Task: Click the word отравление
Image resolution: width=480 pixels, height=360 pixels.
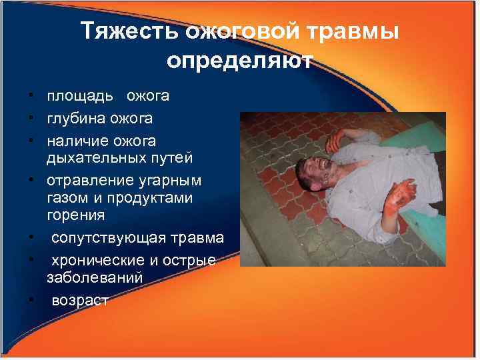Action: (x=87, y=181)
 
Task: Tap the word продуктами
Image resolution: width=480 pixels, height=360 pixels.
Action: (x=145, y=199)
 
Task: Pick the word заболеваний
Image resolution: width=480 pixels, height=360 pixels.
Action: (x=95, y=278)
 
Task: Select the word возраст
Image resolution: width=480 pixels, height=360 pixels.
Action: (x=79, y=301)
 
